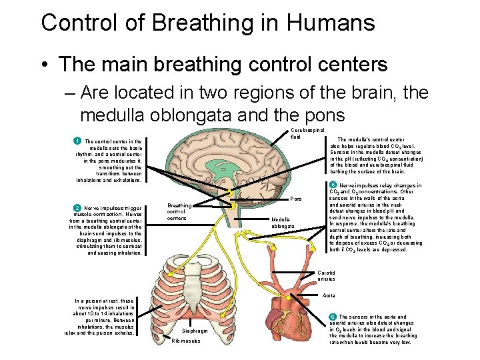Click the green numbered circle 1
coord(77,141)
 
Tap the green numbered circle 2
coord(77,207)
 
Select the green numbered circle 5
coord(333,185)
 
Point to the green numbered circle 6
coord(333,317)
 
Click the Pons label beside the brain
coord(296,199)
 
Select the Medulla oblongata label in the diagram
coord(281,223)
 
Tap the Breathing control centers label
coord(179,212)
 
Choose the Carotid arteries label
coord(327,276)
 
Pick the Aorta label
coord(329,295)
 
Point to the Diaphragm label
coord(195,331)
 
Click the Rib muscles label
coord(187,341)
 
